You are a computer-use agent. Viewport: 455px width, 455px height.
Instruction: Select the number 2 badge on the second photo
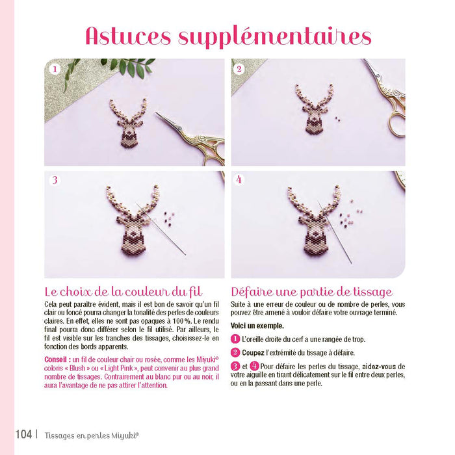(x=239, y=68)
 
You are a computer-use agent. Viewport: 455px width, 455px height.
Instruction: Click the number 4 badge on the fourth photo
(x=239, y=179)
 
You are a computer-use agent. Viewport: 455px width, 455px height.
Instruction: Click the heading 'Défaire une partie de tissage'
(x=311, y=292)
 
